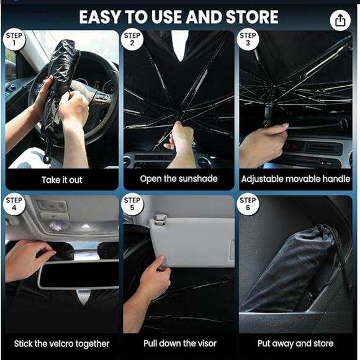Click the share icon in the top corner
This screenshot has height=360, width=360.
coord(339,20)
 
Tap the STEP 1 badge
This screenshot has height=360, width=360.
coord(15,40)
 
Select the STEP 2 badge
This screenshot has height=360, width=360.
coord(132,40)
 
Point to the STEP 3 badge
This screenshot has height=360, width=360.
coord(248,40)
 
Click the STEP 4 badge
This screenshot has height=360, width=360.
coord(15,205)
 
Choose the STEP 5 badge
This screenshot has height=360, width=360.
coord(132,205)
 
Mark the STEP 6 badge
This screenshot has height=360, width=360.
coord(248,205)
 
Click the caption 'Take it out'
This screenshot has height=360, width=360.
coord(61,180)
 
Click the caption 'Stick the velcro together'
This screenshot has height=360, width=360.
coord(61,343)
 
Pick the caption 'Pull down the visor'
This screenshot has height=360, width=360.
coord(179,343)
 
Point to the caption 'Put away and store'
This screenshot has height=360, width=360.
coord(295,343)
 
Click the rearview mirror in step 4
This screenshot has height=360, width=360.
coord(78,274)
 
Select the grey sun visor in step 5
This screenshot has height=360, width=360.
coord(192,242)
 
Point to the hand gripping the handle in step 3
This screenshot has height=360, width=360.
coord(264,146)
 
